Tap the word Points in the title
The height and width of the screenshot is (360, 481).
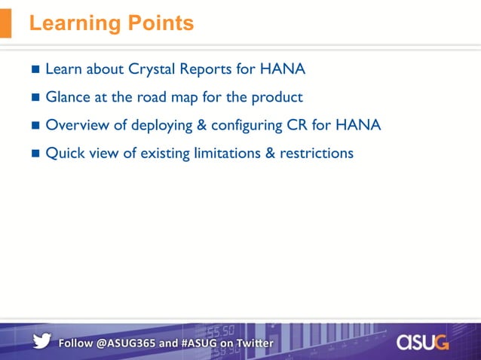coord(160,23)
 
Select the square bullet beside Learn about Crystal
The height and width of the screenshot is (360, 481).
coord(36,70)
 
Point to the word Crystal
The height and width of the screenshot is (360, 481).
coord(154,69)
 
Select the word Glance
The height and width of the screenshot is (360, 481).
coord(69,97)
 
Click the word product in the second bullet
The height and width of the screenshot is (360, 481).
coord(277,98)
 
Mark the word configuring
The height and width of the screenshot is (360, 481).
coord(247,126)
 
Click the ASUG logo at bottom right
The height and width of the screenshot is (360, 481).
coord(422,342)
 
